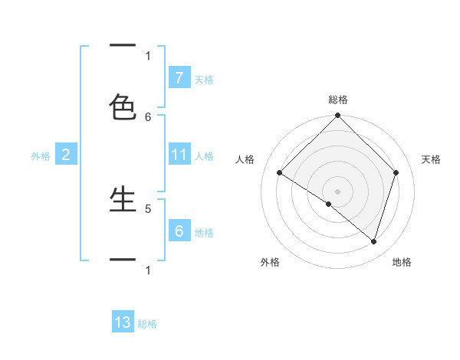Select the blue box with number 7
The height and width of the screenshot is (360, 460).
[x=179, y=77]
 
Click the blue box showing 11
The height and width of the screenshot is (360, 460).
[x=179, y=155]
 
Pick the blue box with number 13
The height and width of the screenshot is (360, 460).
[x=123, y=322]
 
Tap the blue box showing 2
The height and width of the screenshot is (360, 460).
[x=66, y=155]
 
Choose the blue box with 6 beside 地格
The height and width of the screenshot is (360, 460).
[x=179, y=231]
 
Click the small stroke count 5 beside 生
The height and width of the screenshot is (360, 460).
[x=148, y=208]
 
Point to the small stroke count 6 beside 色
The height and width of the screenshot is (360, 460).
[x=148, y=116]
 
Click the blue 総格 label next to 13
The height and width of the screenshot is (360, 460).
[x=147, y=324]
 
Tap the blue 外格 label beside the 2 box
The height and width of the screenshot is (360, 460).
[x=41, y=156]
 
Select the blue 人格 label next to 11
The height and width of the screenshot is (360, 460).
[x=204, y=156]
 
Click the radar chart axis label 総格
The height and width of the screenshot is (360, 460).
[x=338, y=100]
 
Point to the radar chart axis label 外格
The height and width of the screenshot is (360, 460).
[x=270, y=262]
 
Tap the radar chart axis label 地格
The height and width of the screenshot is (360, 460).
[x=402, y=262]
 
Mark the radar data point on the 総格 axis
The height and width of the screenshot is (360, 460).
[x=338, y=116]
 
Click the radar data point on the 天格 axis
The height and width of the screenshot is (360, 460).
[x=396, y=172]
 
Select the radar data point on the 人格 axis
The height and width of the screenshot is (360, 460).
[x=280, y=173]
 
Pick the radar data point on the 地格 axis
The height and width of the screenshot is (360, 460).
[x=374, y=241]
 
